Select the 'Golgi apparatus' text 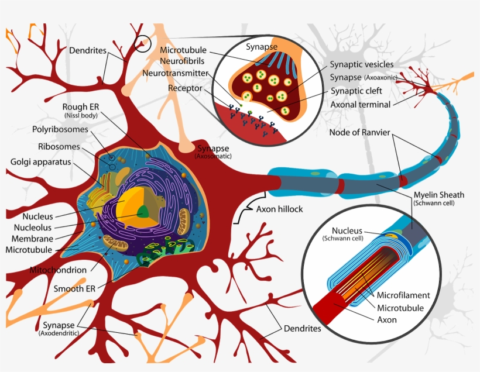pyautogui.click(x=39, y=161)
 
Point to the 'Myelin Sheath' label pyautogui.click(x=438, y=195)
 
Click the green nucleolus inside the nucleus pyautogui.click(x=143, y=212)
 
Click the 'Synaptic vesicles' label pyautogui.click(x=361, y=64)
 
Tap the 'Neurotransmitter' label pyautogui.click(x=175, y=74)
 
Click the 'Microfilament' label pyautogui.click(x=403, y=295)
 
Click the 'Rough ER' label pyautogui.click(x=81, y=107)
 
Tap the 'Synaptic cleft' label pyautogui.click(x=356, y=91)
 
